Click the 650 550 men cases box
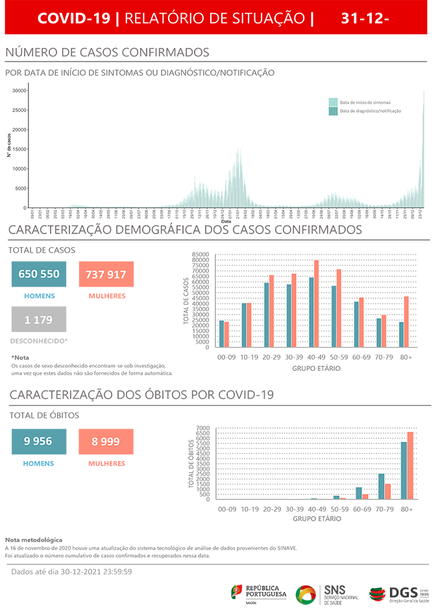39,274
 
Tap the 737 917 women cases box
106,274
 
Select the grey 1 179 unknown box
39,320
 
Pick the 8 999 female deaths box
106,442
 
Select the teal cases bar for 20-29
266,314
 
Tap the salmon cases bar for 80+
407,322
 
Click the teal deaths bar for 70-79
381,486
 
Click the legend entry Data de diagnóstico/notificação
365,111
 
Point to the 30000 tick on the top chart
20,91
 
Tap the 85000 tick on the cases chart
201,255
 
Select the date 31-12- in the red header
365,19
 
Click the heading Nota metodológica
34,539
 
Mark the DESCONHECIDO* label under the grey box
39,340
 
